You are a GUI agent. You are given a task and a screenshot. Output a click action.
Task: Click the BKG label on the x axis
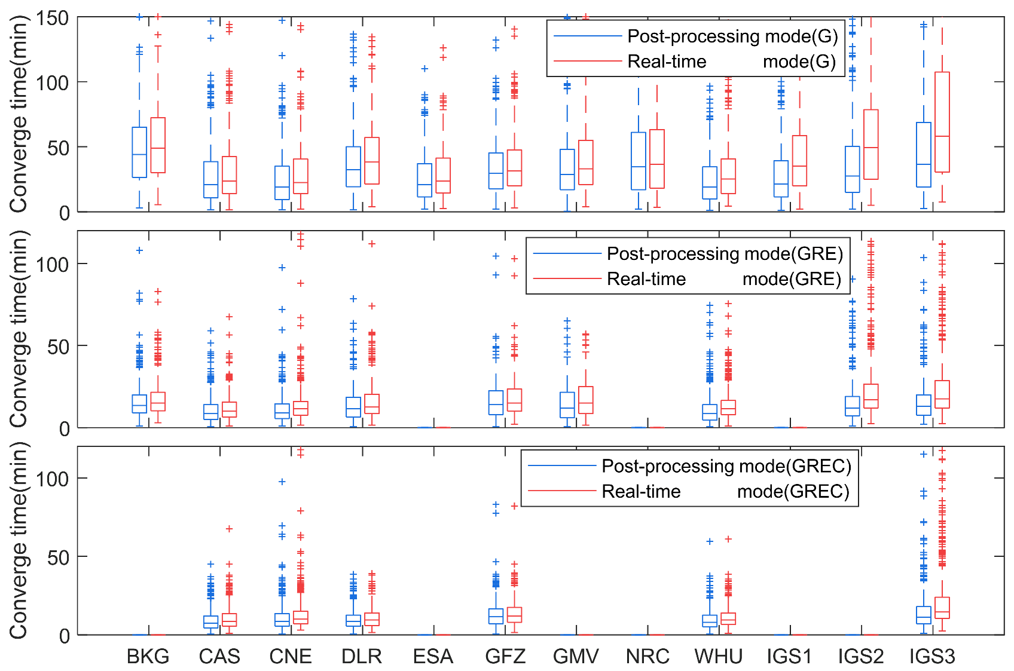click(148, 657)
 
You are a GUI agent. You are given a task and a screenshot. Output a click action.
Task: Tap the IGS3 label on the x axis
click(932, 657)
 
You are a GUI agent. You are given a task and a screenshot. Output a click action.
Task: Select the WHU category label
click(718, 657)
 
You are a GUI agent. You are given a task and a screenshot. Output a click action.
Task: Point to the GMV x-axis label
click(576, 657)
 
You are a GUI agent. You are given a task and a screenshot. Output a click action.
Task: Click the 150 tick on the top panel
click(52, 18)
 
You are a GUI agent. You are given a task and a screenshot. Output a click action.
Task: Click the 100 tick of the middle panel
click(52, 264)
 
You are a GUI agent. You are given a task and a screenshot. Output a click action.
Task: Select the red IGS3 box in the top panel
click(942, 122)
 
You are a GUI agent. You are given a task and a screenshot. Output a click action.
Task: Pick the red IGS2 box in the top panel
click(871, 144)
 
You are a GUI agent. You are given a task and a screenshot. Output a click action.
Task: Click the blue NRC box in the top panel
click(639, 161)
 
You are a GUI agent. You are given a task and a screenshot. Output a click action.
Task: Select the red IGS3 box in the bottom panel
click(942, 608)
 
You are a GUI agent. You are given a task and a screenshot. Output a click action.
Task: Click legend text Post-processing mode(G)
click(732, 36)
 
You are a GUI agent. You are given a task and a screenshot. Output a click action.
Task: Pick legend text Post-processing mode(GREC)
click(726, 466)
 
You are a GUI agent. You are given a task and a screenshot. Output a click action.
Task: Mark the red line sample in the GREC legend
click(563, 491)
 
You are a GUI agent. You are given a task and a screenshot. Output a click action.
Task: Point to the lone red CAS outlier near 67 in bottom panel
click(230, 529)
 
